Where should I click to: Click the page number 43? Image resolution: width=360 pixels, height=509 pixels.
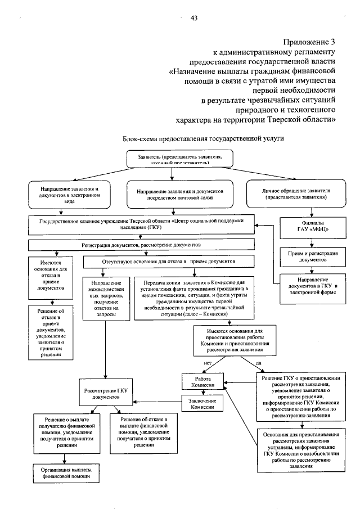(x=194, y=18)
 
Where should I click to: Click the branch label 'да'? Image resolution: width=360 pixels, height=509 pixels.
(x=258, y=363)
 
